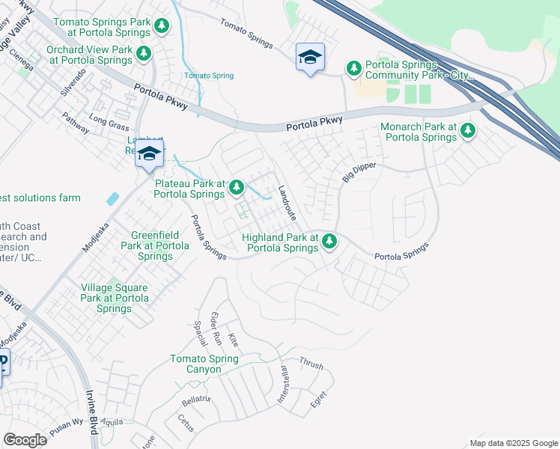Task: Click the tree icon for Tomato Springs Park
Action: [x=162, y=27]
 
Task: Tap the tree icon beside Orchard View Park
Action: [x=144, y=54]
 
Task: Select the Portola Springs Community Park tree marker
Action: [x=353, y=69]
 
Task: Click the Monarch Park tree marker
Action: [x=468, y=131]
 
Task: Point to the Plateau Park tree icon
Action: [x=237, y=187]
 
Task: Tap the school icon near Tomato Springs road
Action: [x=311, y=57]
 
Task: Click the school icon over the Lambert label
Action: [x=150, y=154]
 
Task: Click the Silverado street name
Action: [x=75, y=82]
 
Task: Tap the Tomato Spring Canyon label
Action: [x=204, y=364]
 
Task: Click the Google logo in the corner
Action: [x=25, y=440]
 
